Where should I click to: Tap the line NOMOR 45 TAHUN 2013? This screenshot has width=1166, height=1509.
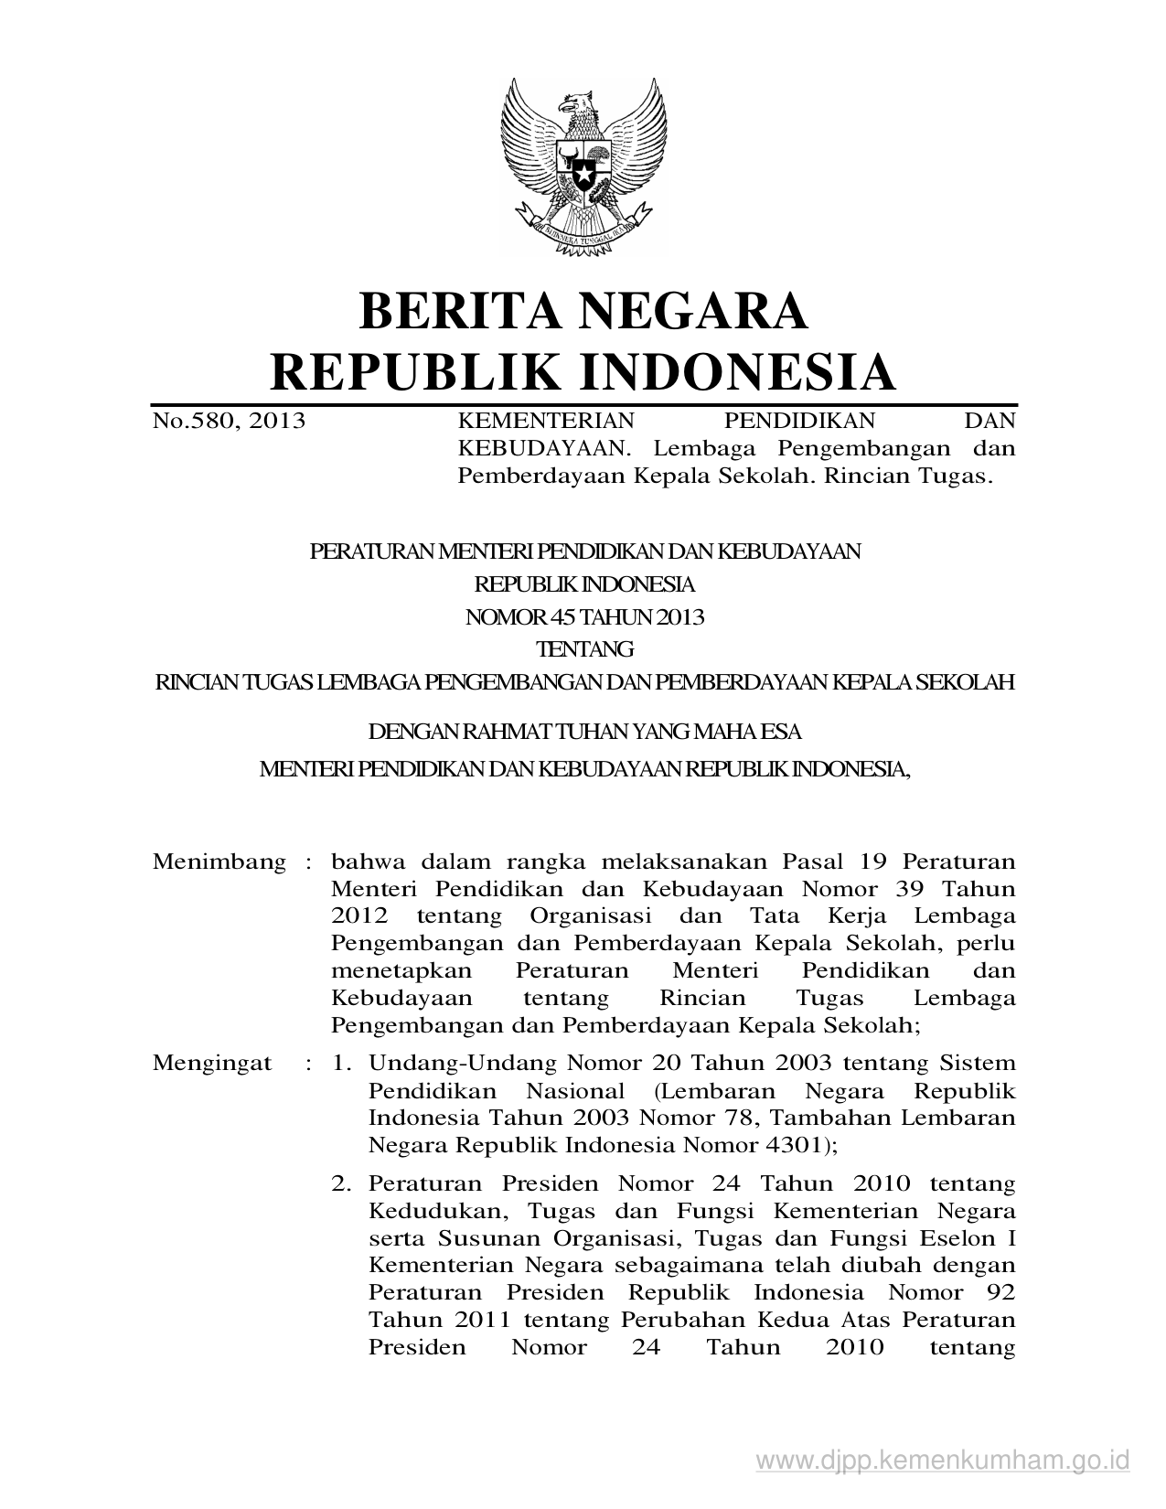click(585, 616)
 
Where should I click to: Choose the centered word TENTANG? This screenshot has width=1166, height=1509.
click(585, 649)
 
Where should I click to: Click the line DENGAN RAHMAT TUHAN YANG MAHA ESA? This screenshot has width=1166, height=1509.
click(584, 732)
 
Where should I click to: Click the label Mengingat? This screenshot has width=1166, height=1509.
click(212, 1063)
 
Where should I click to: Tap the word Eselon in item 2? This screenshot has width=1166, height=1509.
click(959, 1238)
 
